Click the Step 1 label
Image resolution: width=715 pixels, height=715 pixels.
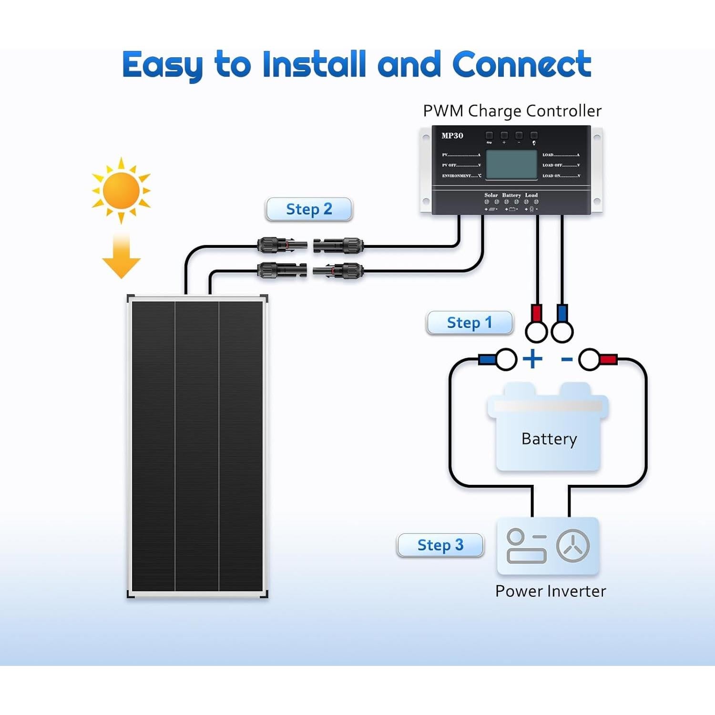coord(469,323)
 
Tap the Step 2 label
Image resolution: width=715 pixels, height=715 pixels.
coord(309,209)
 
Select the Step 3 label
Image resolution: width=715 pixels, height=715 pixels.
coord(440,545)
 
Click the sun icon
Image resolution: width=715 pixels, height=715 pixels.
coord(121,190)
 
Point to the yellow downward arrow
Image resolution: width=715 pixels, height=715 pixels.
coord(121,257)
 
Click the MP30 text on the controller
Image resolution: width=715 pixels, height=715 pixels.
coord(452,136)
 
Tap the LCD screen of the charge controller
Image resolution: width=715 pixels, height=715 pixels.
coord(511,165)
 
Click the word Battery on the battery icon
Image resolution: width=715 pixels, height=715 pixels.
coord(549,439)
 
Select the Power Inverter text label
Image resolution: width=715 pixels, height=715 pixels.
coord(550,591)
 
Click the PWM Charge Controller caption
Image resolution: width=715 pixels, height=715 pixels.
coord(512,111)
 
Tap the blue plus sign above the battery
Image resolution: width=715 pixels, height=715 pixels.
coord(532,359)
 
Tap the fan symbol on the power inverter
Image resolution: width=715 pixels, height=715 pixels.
coord(573,546)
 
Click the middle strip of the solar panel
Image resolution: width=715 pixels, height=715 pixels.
coord(197,446)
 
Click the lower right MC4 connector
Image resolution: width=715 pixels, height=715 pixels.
coord(338,271)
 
